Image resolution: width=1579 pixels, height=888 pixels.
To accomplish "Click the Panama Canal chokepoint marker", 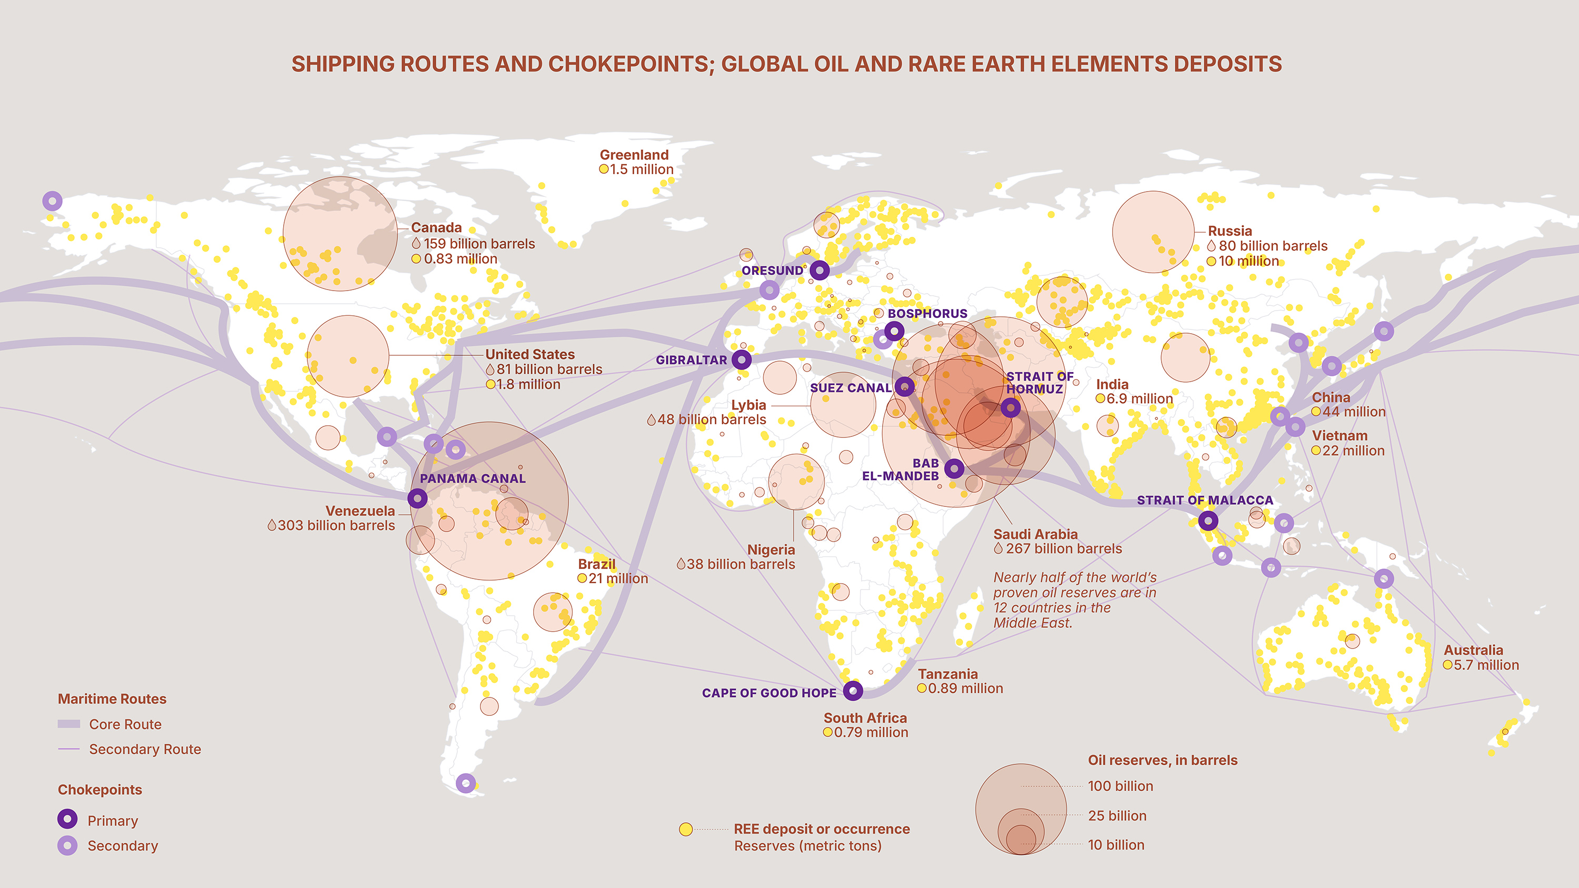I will pyautogui.click(x=417, y=498).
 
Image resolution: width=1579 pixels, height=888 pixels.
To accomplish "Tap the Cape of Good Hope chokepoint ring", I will pyautogui.click(x=853, y=691).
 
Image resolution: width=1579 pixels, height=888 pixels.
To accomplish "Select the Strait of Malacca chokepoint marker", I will pyautogui.click(x=1207, y=521).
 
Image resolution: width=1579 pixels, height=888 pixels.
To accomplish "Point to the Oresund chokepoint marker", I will pyautogui.click(x=820, y=270).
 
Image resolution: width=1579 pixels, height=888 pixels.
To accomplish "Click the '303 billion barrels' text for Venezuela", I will pyautogui.click(x=336, y=526).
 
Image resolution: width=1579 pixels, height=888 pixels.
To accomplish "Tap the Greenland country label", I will pyautogui.click(x=634, y=155).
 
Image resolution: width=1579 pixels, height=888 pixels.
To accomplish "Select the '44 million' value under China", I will pyautogui.click(x=1353, y=412).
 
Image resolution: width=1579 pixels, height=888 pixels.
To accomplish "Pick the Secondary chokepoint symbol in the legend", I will pyautogui.click(x=67, y=846).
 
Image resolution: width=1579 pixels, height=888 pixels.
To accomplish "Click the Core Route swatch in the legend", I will pyautogui.click(x=68, y=724).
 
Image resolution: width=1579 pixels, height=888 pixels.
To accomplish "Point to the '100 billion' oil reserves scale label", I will pyautogui.click(x=1120, y=786).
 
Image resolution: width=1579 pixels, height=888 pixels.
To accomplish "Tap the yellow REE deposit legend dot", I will pyautogui.click(x=686, y=829).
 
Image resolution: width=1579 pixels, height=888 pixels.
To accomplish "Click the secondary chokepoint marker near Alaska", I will pyautogui.click(x=52, y=201).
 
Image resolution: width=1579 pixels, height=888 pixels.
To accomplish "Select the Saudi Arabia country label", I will pyautogui.click(x=1035, y=534).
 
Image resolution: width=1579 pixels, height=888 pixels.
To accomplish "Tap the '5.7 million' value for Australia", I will pyautogui.click(x=1486, y=665).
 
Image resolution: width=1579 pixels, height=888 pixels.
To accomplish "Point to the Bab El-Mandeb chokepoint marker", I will pyautogui.click(x=954, y=469).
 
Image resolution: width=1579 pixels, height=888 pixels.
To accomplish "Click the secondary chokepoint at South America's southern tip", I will pyautogui.click(x=466, y=783).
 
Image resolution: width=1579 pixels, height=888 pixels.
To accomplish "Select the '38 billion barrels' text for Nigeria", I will pyautogui.click(x=740, y=564).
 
